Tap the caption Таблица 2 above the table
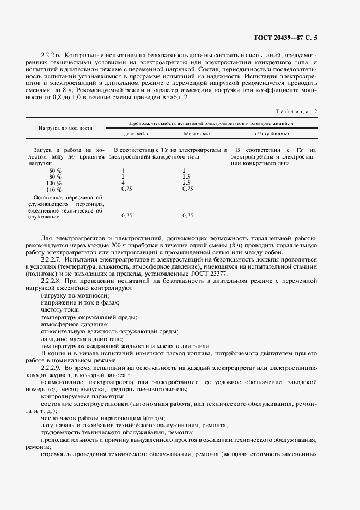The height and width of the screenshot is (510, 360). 296,111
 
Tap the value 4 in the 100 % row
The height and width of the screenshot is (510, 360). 123,183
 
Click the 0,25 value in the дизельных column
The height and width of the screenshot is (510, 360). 126,216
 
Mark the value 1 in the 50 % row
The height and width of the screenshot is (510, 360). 123,171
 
